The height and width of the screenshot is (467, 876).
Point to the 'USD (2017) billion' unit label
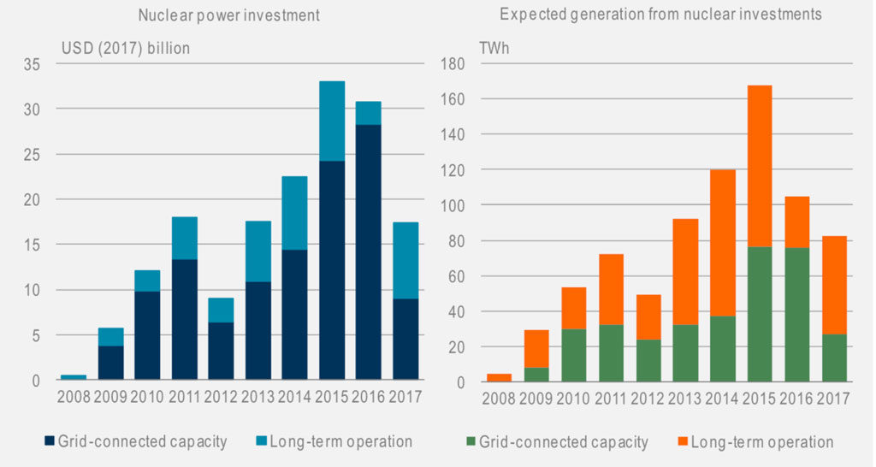click(x=125, y=48)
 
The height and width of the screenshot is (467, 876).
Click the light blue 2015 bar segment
click(x=332, y=121)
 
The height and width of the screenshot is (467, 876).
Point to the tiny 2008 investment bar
click(x=74, y=376)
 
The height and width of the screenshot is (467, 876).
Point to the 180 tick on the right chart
click(x=452, y=64)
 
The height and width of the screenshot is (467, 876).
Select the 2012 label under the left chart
click(x=221, y=398)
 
